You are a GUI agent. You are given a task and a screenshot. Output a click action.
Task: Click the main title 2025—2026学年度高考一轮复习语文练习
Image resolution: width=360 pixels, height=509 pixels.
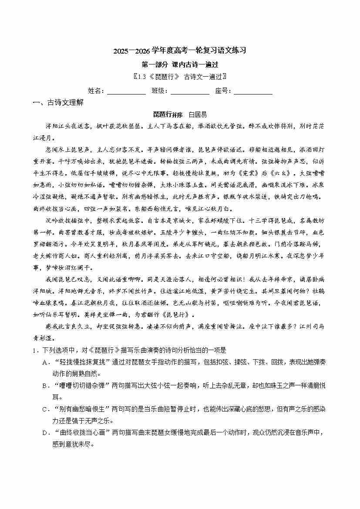pyautogui.click(x=180, y=51)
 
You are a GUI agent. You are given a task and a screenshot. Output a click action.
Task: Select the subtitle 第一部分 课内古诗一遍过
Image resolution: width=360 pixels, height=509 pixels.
pyautogui.click(x=180, y=64)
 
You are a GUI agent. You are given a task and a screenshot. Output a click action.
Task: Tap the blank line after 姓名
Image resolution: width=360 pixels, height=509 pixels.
pyautogui.click(x=126, y=91)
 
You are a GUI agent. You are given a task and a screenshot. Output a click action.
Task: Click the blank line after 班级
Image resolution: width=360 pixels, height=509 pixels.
pyautogui.click(x=190, y=91)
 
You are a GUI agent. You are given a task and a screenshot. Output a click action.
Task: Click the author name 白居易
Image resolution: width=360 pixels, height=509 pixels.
pyautogui.click(x=198, y=115)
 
